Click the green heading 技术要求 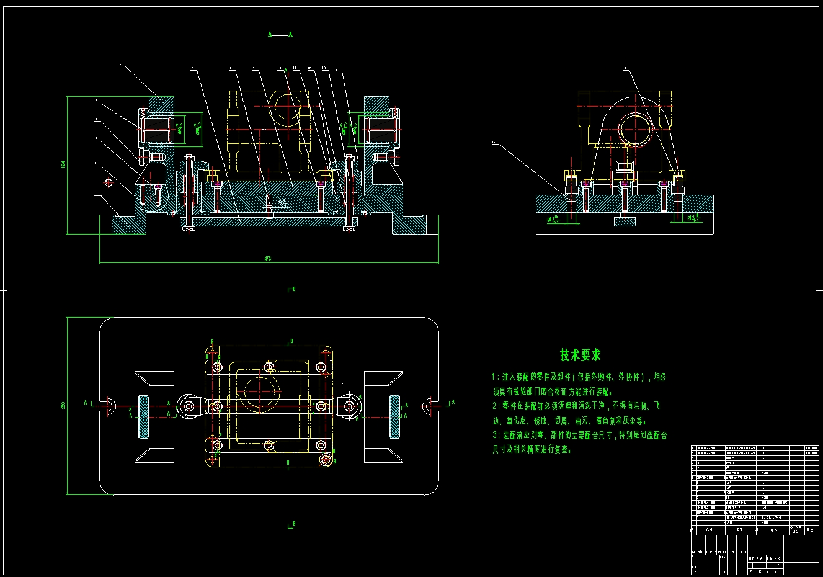pos(581,356)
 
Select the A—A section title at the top pos(280,35)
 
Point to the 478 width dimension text pos(268,258)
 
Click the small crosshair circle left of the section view pos(109,182)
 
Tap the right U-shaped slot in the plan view pos(430,406)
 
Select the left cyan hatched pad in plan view pos(143,416)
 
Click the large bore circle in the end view pos(634,128)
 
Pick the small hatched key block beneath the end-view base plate pos(624,221)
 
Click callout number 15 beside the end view pos(494,143)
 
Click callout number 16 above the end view pos(624,69)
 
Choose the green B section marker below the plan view pos(291,524)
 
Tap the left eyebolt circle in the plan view pos(187,406)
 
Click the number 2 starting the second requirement pos(494,406)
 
